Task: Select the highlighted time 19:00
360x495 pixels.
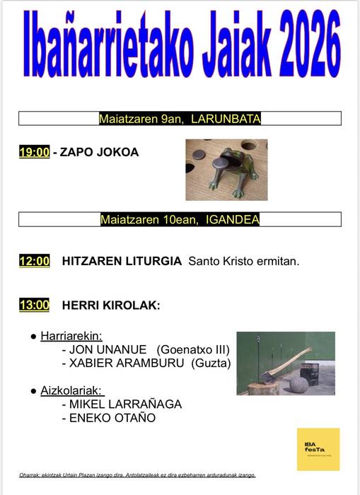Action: coord(34,152)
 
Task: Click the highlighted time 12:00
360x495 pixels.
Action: coord(34,261)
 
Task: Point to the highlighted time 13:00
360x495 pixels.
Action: coord(34,305)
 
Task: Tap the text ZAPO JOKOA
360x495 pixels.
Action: coord(100,152)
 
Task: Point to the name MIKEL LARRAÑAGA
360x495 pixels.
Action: coord(125,404)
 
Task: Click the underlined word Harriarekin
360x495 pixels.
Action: coord(71,336)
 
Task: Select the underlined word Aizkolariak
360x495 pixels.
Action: coord(71,390)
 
